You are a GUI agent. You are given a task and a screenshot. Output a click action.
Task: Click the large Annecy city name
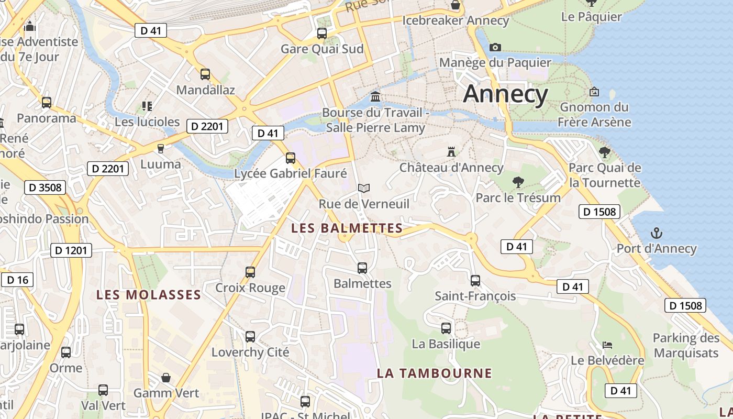click(505, 94)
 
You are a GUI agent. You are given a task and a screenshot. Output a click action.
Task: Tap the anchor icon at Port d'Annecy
click(656, 233)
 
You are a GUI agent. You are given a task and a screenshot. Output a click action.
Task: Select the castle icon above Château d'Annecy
click(451, 152)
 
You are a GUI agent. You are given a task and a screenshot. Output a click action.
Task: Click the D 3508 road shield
click(45, 188)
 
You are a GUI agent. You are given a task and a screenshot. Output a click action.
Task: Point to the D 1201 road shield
click(71, 250)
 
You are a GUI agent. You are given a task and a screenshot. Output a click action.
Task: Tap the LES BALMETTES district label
click(347, 228)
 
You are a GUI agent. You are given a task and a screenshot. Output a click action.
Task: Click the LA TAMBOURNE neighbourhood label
click(435, 373)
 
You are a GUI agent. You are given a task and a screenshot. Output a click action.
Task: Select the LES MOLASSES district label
click(149, 295)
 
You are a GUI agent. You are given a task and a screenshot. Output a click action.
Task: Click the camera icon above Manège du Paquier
click(495, 47)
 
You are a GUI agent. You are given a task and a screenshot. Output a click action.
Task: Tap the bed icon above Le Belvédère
click(607, 345)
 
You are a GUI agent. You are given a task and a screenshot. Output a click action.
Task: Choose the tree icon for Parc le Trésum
click(518, 182)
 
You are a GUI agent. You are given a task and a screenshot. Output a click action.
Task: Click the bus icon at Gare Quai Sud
click(322, 33)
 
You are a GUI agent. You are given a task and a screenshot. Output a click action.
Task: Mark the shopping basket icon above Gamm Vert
click(166, 377)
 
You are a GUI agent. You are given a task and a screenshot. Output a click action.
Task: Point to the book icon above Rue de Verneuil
click(364, 188)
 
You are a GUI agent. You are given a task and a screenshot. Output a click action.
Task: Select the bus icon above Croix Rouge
click(250, 272)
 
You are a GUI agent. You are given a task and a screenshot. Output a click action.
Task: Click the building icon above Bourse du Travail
click(375, 96)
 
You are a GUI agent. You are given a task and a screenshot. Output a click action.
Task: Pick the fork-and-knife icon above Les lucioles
click(147, 106)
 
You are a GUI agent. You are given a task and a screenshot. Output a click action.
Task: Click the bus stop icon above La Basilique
click(446, 328)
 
